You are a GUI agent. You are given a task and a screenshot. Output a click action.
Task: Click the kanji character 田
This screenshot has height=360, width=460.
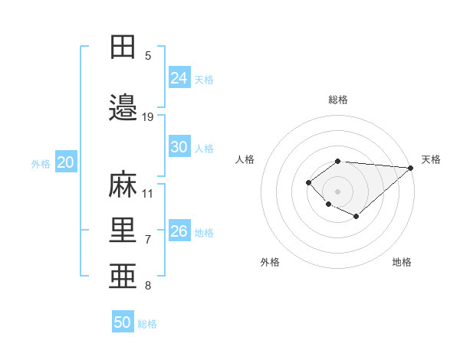[x=123, y=47]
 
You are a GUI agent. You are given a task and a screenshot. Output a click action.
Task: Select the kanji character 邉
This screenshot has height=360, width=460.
[x=123, y=109]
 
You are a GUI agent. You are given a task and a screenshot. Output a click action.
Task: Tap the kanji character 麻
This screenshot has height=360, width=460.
[x=123, y=185]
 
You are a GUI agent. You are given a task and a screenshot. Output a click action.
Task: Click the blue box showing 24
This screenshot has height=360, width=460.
[x=179, y=78]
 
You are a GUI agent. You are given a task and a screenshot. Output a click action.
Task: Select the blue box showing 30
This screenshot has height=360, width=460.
[x=179, y=147]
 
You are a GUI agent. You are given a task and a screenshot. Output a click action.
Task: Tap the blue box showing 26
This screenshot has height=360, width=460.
[x=179, y=231]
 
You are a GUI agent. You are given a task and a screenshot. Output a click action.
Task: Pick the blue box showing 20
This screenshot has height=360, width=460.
[x=65, y=162]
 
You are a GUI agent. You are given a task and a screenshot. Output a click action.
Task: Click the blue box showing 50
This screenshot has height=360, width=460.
[x=123, y=322]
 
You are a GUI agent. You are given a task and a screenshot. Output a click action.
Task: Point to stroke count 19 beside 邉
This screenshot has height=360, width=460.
[x=148, y=117]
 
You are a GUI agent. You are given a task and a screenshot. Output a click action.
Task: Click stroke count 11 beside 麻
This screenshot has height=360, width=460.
[x=148, y=194]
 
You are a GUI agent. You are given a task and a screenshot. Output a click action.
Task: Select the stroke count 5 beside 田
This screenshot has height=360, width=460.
[x=148, y=56]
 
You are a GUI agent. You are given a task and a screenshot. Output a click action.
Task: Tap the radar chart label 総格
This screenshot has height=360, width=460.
[x=337, y=100]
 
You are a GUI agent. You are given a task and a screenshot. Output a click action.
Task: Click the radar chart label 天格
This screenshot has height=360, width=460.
[x=431, y=159]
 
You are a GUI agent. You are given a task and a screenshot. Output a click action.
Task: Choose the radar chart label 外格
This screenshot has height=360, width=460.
[x=270, y=262]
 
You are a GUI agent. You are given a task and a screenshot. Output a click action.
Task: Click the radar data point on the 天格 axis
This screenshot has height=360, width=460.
[x=410, y=168]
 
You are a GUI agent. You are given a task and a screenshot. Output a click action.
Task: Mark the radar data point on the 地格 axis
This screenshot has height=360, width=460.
[x=356, y=218]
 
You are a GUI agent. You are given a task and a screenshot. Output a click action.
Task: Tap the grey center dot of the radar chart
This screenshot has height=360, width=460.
[x=337, y=191]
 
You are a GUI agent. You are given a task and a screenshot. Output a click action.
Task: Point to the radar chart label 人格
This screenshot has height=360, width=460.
[x=245, y=159]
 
